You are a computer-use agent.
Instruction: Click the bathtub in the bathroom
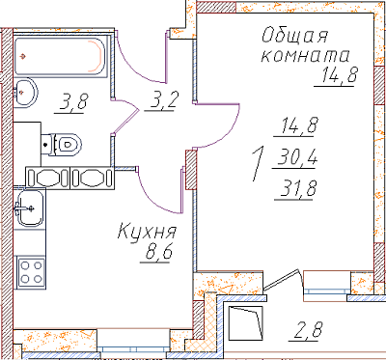(60, 56)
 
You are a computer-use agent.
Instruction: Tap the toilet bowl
(62, 145)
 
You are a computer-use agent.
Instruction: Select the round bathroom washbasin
(26, 92)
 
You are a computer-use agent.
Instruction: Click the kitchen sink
(30, 208)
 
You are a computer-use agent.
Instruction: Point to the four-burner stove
(31, 272)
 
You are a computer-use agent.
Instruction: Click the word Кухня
(148, 232)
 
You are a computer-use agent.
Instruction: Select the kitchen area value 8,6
(159, 252)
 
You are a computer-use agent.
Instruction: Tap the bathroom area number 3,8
(73, 101)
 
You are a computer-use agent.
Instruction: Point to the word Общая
(294, 36)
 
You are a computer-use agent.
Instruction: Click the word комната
(305, 56)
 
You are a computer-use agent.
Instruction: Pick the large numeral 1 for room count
(259, 164)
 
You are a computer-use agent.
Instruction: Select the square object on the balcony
(246, 323)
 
